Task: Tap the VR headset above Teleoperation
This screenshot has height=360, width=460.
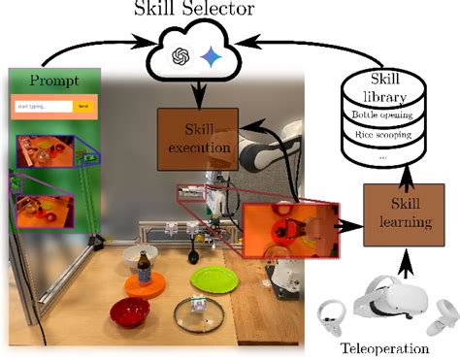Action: (x=391, y=302)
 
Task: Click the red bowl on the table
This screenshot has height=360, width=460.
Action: (x=129, y=312)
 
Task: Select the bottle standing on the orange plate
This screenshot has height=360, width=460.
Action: (x=144, y=268)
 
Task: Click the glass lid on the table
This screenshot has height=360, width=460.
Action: (x=200, y=315)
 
